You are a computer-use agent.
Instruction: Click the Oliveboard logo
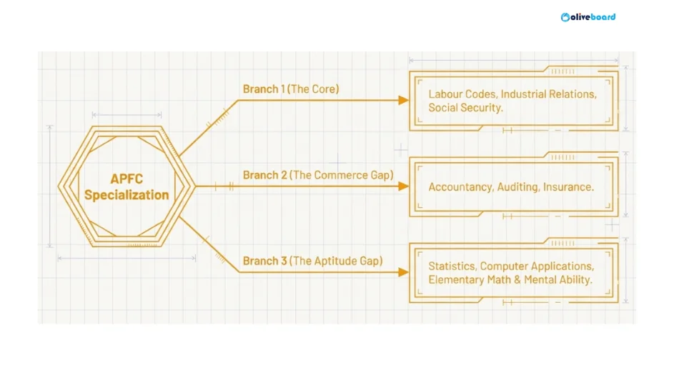click(x=588, y=17)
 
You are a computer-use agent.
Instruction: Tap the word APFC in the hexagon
click(x=127, y=179)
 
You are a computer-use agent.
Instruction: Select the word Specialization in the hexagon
click(x=127, y=195)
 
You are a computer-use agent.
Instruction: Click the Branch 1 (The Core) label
click(x=291, y=89)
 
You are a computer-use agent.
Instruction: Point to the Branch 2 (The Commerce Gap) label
click(x=318, y=175)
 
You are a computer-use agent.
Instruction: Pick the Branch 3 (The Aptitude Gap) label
click(x=313, y=261)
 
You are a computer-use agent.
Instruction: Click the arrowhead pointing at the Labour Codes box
click(x=403, y=100)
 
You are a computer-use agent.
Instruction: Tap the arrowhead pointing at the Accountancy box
click(x=403, y=186)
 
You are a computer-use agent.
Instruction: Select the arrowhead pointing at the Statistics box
click(x=403, y=272)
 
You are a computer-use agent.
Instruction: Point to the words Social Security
click(x=465, y=108)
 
